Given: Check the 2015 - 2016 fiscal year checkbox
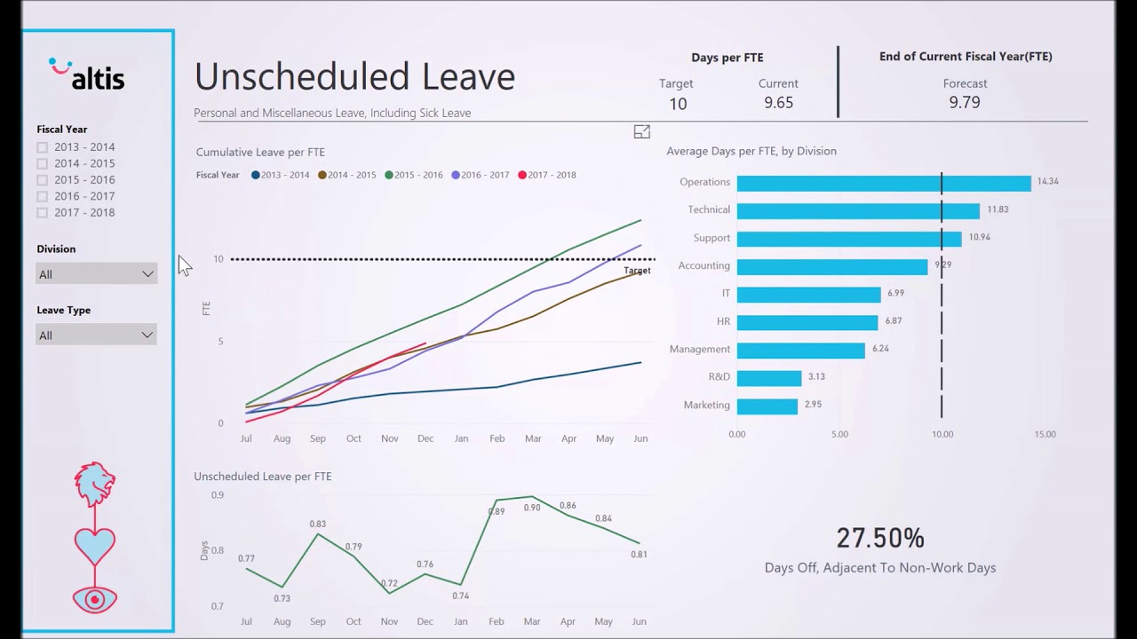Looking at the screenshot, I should [x=43, y=180].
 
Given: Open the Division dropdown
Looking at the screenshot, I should [x=96, y=274].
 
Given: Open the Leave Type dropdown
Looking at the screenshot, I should [x=96, y=335].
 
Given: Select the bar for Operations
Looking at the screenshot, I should [x=883, y=183].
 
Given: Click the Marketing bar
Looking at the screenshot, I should [x=767, y=406].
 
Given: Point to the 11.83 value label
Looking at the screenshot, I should [x=998, y=209].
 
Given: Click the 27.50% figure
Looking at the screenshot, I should [x=879, y=538].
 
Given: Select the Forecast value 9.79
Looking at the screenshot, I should [x=964, y=102].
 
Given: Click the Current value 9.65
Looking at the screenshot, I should [x=778, y=102].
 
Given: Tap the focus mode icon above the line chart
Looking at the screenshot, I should [x=641, y=132].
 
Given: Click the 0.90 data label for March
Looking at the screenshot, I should [x=531, y=508].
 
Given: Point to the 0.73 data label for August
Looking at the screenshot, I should [x=282, y=598].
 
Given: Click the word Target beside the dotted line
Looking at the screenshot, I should [x=637, y=271].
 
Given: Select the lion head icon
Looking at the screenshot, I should [x=94, y=484].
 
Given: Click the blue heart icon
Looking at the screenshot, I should [x=94, y=544].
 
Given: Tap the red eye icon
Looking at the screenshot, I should [x=94, y=599].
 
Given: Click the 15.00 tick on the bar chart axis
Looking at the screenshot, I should [x=1045, y=434].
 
